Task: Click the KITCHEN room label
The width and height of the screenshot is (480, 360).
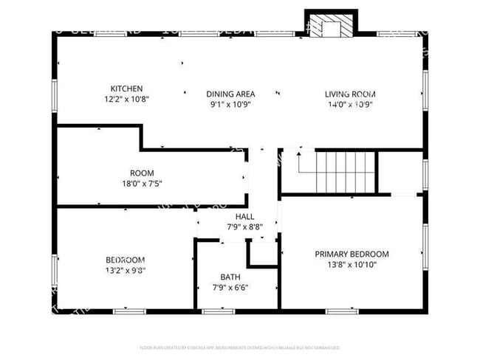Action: (x=126, y=88)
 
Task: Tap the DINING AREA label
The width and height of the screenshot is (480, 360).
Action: (x=230, y=94)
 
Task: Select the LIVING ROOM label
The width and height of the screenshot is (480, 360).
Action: (x=350, y=94)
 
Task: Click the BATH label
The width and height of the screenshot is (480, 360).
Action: (x=230, y=277)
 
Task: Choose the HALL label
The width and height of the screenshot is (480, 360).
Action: (x=244, y=217)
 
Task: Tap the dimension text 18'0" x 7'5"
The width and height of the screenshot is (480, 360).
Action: (x=142, y=184)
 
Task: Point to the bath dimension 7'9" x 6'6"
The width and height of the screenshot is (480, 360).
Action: (x=230, y=287)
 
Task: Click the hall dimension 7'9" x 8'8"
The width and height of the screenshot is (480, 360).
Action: (x=244, y=227)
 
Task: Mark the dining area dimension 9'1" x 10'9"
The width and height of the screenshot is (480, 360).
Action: (x=230, y=104)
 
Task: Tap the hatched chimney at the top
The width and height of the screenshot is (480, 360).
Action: (x=331, y=25)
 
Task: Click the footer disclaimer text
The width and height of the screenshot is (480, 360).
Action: (x=240, y=347)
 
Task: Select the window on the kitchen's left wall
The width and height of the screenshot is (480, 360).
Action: (x=55, y=96)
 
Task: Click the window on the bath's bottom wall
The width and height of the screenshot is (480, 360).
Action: (x=213, y=311)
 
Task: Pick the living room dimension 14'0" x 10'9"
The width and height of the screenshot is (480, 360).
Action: (x=350, y=104)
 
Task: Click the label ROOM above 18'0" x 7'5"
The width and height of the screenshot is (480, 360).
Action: (x=142, y=173)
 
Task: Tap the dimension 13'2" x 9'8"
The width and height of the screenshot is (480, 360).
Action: (x=125, y=270)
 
